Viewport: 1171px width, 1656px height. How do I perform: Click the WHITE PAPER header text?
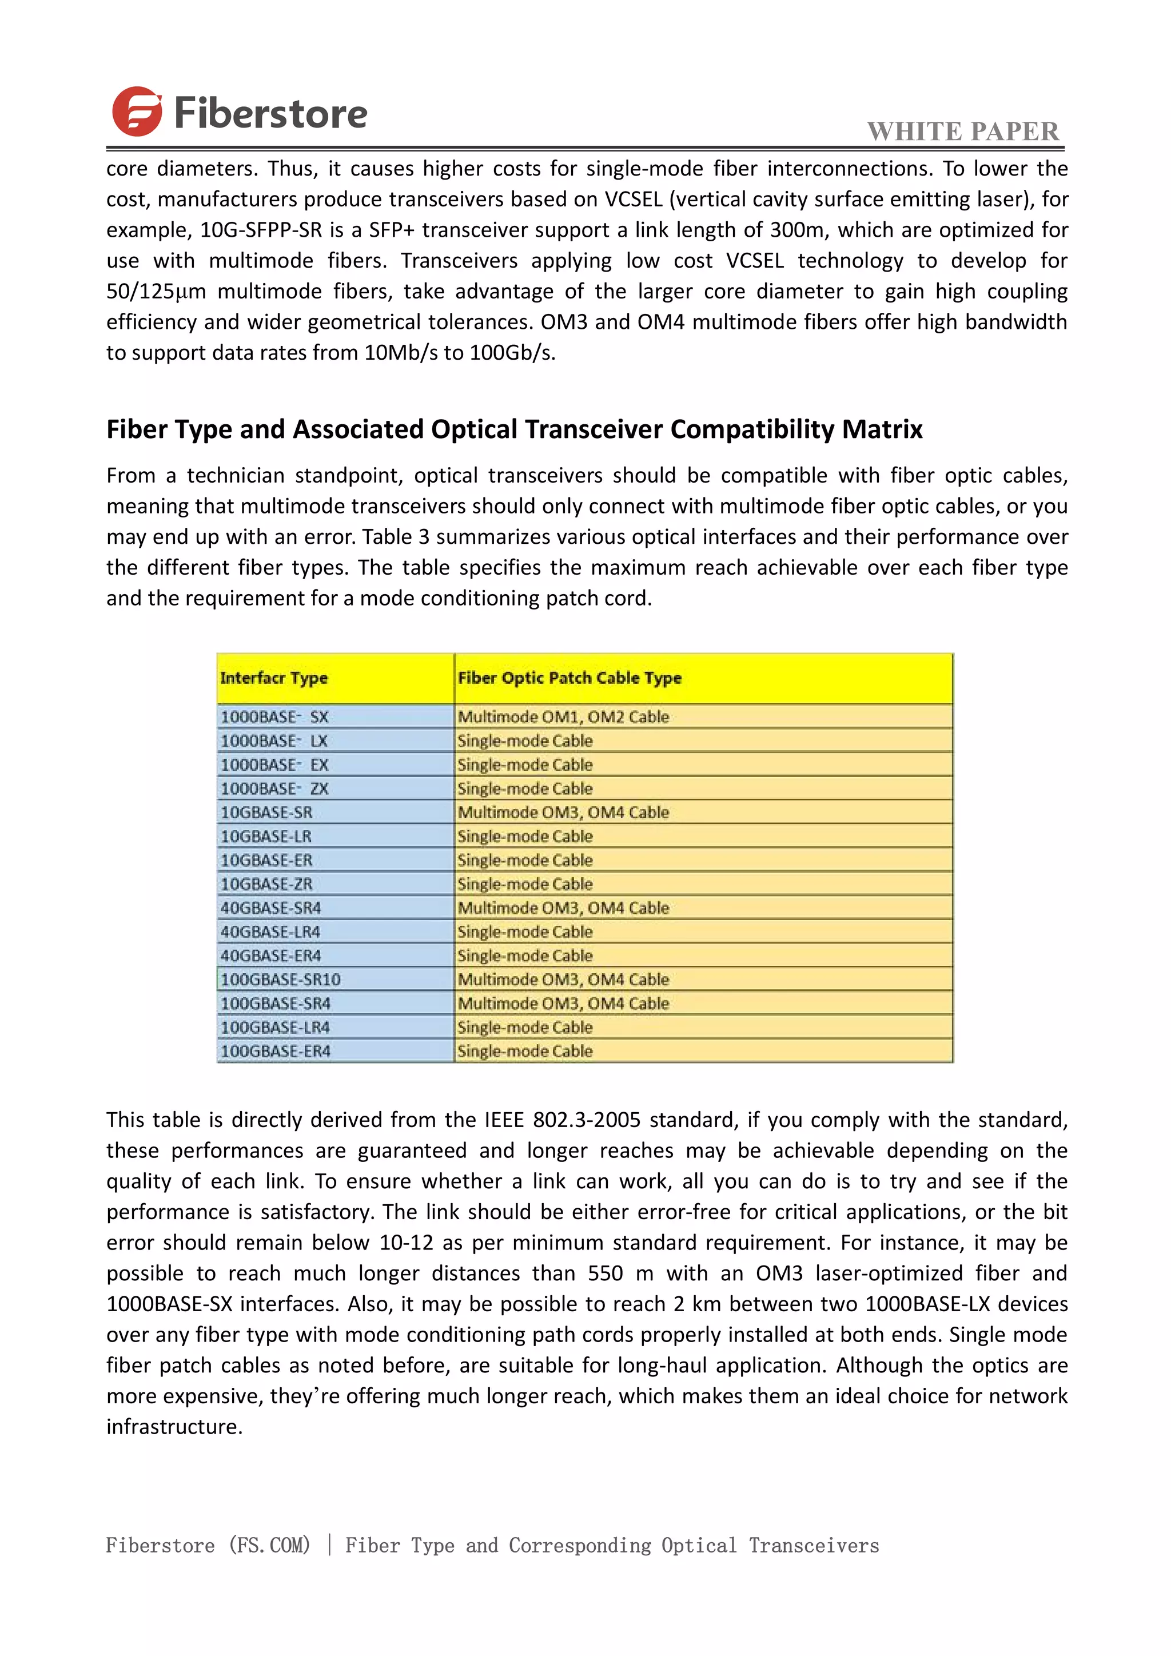pyautogui.click(x=963, y=132)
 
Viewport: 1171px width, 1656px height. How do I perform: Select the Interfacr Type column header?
pyautogui.click(x=274, y=678)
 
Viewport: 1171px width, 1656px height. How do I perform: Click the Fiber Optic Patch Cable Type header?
pyautogui.click(x=569, y=678)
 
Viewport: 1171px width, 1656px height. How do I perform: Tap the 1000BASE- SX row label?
pyautogui.click(x=274, y=717)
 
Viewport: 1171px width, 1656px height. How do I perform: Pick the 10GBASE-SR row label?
pyautogui.click(x=267, y=813)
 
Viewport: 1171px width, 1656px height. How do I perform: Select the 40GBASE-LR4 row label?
pyautogui.click(x=270, y=932)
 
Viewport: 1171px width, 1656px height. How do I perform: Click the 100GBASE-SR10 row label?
pyautogui.click(x=281, y=980)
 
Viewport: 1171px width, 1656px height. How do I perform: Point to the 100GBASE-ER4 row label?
pyautogui.click(x=276, y=1051)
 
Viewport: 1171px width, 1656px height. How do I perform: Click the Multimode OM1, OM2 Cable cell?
pyautogui.click(x=563, y=717)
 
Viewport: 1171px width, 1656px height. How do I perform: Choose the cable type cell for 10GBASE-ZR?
pyautogui.click(x=525, y=884)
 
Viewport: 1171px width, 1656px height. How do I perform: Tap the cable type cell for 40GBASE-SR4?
pyautogui.click(x=563, y=908)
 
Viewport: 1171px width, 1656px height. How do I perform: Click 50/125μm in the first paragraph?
pyautogui.click(x=156, y=292)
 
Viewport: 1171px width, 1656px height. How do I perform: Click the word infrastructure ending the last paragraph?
pyautogui.click(x=174, y=1427)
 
